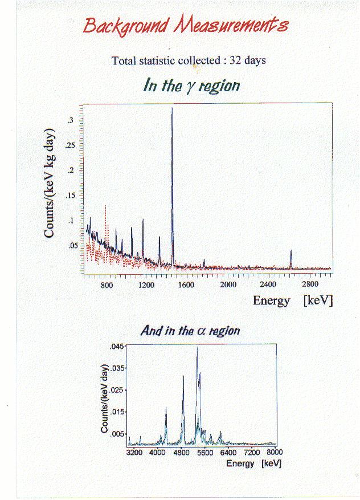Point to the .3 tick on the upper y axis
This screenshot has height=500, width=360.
[x=70, y=120]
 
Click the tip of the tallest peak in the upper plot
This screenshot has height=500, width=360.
[x=172, y=108]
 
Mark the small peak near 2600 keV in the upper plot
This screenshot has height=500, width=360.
[x=291, y=251]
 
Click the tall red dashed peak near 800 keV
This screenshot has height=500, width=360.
[x=106, y=206]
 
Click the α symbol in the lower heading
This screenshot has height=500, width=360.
[x=201, y=331]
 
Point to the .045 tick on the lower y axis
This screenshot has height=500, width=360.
[x=116, y=347]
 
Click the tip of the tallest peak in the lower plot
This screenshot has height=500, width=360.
[x=197, y=347]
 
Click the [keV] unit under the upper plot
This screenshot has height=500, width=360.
[x=318, y=300]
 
